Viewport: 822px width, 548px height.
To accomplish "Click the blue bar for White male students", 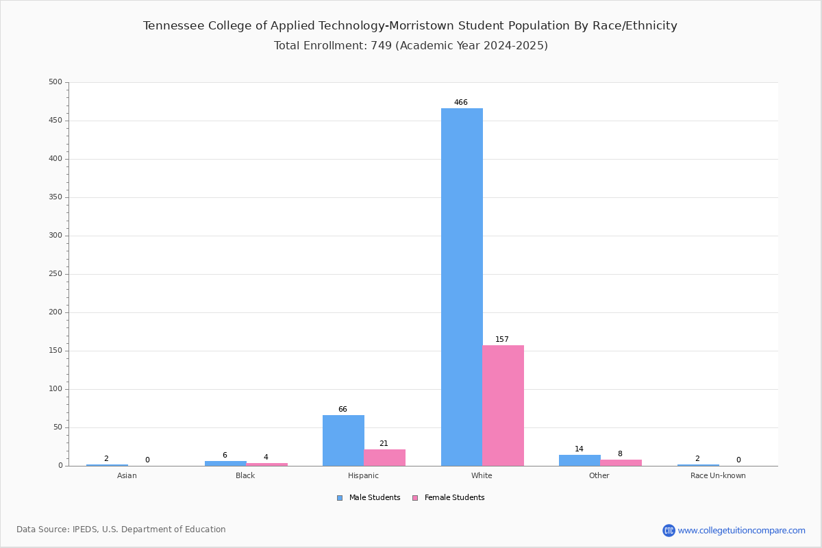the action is pyautogui.click(x=462, y=287).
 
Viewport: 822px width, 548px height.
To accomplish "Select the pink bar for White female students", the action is pyautogui.click(x=503, y=406).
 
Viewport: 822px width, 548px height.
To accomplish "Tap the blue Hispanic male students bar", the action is pyautogui.click(x=343, y=440).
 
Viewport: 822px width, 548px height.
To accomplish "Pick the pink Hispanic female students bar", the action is pyautogui.click(x=384, y=458).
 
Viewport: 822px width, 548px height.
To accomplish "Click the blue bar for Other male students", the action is pyautogui.click(x=580, y=460).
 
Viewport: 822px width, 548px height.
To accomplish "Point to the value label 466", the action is pyautogui.click(x=461, y=102).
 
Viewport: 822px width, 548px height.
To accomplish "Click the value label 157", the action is pyautogui.click(x=502, y=340).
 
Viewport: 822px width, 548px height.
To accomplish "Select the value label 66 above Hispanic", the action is pyautogui.click(x=342, y=409).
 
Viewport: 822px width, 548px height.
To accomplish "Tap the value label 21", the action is pyautogui.click(x=384, y=443).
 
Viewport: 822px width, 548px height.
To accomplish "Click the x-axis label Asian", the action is pyautogui.click(x=127, y=475).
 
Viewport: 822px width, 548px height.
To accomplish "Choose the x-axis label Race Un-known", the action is pyautogui.click(x=718, y=475).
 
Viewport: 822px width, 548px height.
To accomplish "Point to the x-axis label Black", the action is pyautogui.click(x=245, y=475).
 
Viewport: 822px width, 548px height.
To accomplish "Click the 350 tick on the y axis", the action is pyautogui.click(x=55, y=197).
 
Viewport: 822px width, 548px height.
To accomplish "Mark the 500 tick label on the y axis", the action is pyautogui.click(x=55, y=82).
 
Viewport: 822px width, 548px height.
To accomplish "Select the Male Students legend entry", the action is pyautogui.click(x=369, y=498).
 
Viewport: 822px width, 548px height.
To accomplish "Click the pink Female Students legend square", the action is pyautogui.click(x=415, y=498).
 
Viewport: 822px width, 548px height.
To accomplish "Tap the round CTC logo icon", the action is pyautogui.click(x=669, y=530).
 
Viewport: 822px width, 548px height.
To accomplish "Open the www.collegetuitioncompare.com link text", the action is pyautogui.click(x=742, y=531).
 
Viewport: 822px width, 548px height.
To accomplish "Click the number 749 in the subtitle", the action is pyautogui.click(x=382, y=45).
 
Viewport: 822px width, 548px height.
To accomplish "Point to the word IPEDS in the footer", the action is pyautogui.click(x=85, y=530).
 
